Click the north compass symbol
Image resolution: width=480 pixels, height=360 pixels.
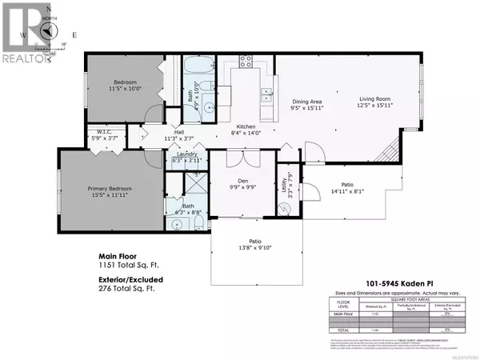[x=50, y=29]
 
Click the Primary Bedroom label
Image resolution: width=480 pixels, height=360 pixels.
[x=110, y=189]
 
